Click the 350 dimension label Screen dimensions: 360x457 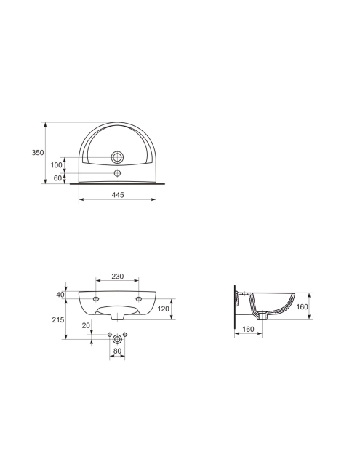(x=38, y=152)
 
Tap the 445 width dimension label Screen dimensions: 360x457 (x=118, y=195)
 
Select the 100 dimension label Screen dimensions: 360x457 (x=57, y=165)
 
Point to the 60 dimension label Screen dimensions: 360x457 (x=58, y=178)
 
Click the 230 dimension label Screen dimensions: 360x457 (x=118, y=276)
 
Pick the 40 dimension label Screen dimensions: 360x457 (x=60, y=295)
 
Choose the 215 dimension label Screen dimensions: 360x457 (x=58, y=319)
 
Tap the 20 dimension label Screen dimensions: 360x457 (x=86, y=325)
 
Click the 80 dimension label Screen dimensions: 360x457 (x=117, y=351)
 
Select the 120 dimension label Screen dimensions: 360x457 (x=164, y=309)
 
